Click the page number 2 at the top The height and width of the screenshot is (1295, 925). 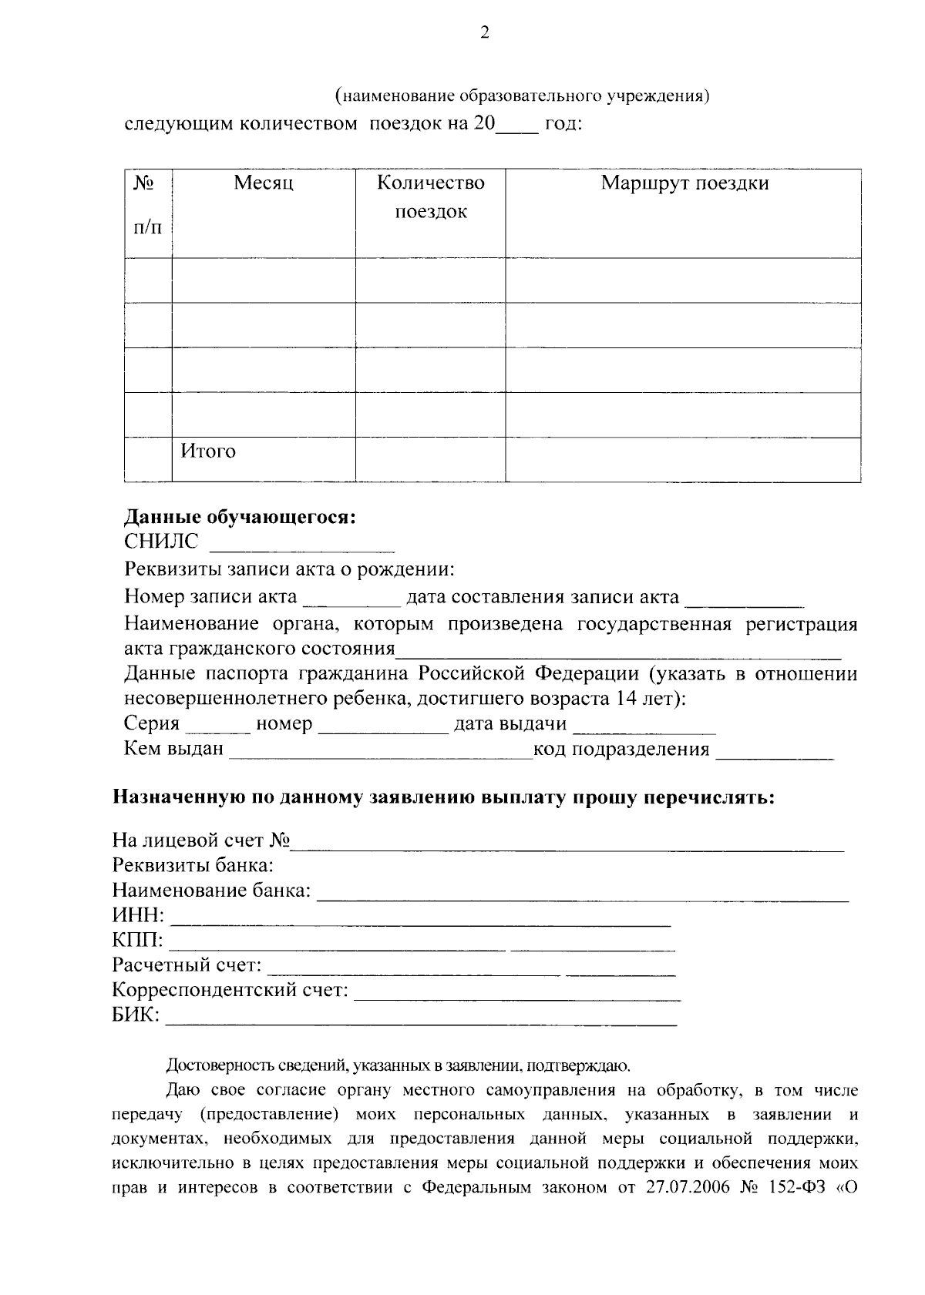pos(484,32)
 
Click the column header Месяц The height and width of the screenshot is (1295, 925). pos(264,183)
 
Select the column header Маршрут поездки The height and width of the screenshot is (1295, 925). pos(684,183)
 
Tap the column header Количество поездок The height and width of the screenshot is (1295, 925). pos(431,197)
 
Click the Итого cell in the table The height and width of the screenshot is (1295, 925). pos(208,451)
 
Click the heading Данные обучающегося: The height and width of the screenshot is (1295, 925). pos(240,517)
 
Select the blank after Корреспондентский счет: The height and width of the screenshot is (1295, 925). pos(516,995)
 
